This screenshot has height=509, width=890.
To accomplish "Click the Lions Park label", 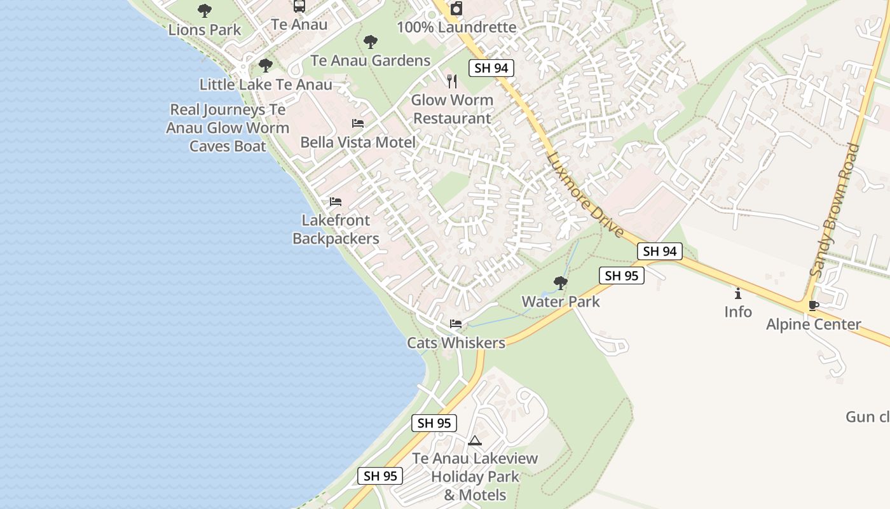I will click(x=205, y=29).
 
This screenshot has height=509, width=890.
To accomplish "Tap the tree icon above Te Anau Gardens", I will click(x=371, y=43).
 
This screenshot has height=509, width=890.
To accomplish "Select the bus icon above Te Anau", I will click(x=299, y=6).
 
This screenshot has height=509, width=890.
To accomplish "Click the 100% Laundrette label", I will click(x=456, y=27).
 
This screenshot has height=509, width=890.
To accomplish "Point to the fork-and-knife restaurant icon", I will click(x=452, y=81).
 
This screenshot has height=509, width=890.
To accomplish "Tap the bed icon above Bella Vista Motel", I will click(x=358, y=123).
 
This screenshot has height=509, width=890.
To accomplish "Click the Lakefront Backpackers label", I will click(x=336, y=230).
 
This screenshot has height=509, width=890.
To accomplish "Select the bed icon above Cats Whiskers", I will click(x=456, y=324).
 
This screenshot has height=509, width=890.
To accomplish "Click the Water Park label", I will click(x=561, y=302).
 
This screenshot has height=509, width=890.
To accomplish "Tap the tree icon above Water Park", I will click(x=560, y=282).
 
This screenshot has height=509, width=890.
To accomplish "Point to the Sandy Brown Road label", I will click(x=835, y=210).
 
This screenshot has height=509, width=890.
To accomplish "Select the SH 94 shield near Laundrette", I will click(x=491, y=68).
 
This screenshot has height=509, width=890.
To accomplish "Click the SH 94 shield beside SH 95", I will click(x=659, y=251).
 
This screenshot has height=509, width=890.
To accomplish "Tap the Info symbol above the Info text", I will click(x=738, y=293).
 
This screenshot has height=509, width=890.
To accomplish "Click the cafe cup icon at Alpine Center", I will click(x=813, y=305).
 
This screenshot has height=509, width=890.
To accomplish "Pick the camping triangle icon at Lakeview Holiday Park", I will click(x=475, y=440).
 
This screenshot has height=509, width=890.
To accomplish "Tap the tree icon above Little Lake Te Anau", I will click(x=266, y=65).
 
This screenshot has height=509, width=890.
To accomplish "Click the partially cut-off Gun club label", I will click(x=867, y=417).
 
